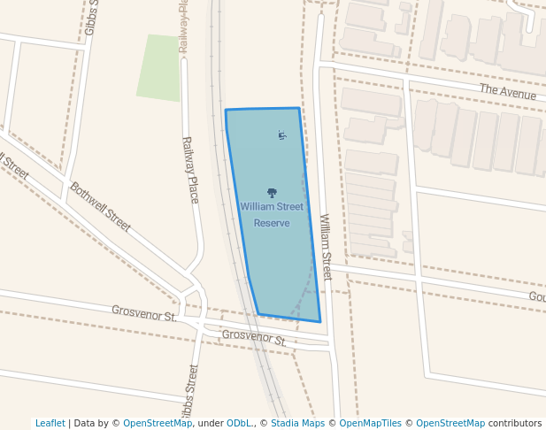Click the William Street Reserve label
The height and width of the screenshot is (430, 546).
272,214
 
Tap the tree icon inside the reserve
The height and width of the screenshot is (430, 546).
272,193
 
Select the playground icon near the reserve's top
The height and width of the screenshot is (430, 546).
281,135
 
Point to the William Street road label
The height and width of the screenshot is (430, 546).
325,247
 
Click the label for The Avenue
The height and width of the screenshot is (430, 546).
508,92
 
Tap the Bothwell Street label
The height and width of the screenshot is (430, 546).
100,207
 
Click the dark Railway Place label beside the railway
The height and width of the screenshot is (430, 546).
189,170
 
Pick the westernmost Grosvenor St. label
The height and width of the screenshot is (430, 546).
144,312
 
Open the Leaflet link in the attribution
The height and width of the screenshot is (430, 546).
50,423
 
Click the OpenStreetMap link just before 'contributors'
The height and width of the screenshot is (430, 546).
450,423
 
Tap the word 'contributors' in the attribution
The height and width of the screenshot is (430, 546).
515,423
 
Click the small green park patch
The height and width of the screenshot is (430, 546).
158,67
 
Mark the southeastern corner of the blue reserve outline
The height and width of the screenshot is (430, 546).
320,321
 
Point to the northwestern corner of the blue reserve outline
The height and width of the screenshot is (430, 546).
226,111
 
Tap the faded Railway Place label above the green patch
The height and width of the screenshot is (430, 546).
184,27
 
